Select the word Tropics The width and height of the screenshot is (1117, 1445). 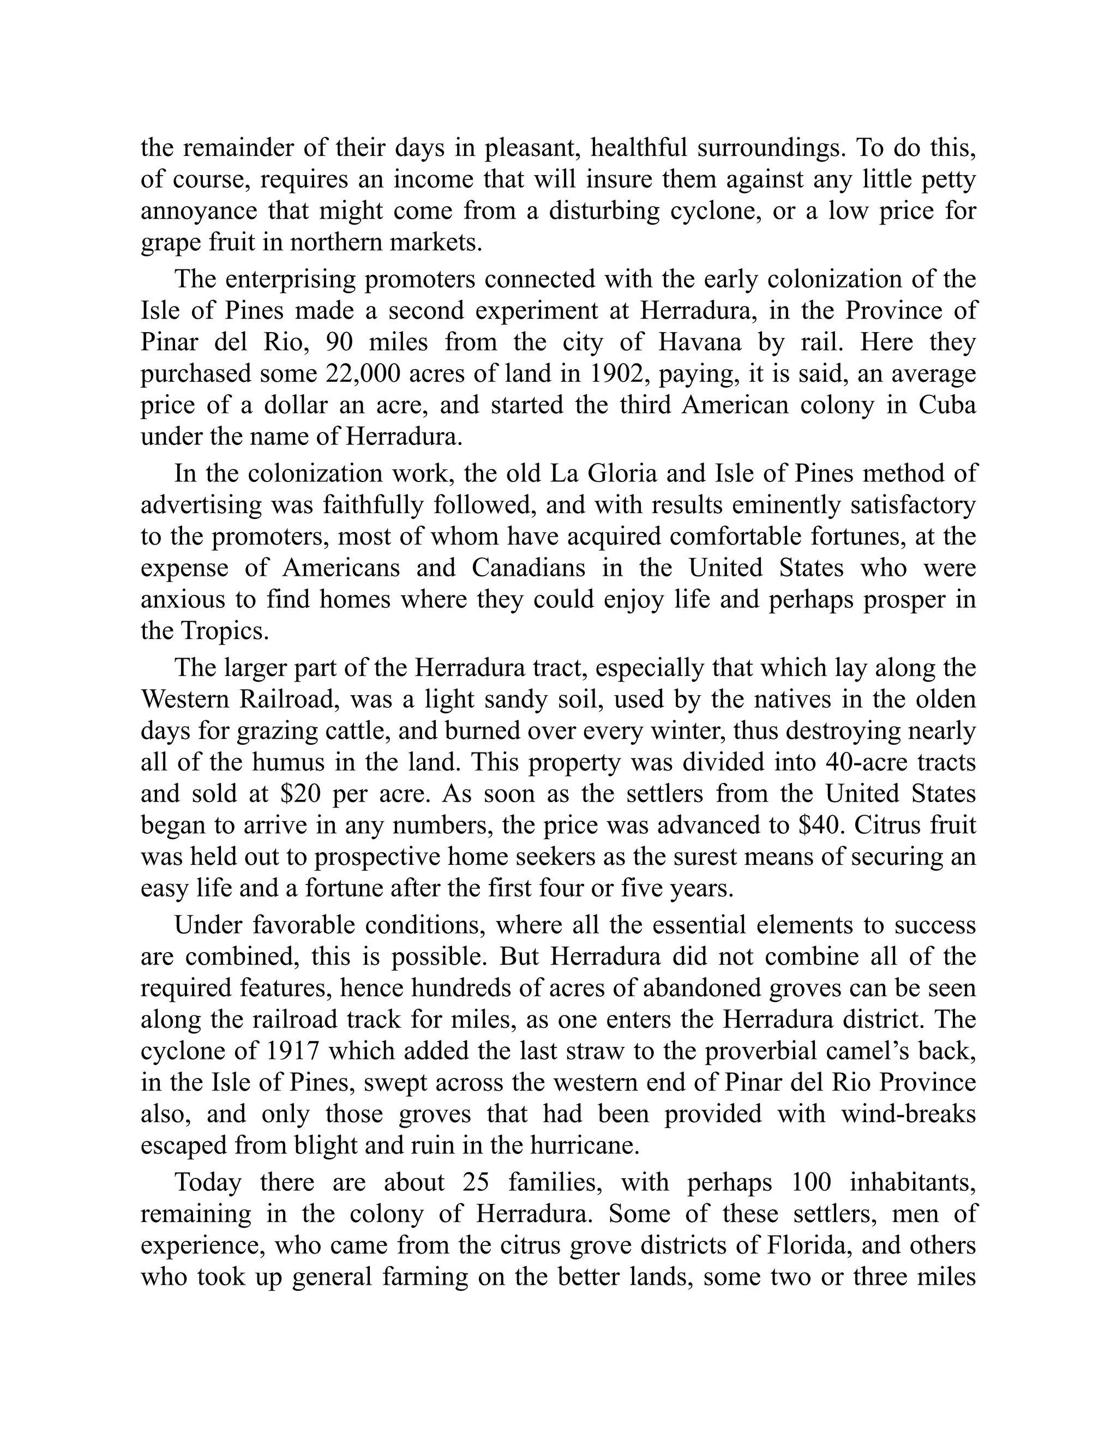tap(225, 631)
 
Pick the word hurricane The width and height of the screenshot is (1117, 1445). tap(583, 1146)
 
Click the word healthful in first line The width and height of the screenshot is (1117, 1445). tap(638, 148)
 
